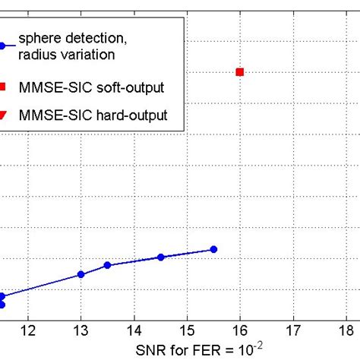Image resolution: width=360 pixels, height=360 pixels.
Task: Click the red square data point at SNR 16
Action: (240, 72)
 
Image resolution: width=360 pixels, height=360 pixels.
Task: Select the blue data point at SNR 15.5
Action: (213, 249)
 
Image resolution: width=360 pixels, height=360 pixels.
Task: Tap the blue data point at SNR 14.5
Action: (160, 257)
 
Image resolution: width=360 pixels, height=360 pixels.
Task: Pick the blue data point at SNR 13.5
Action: (107, 265)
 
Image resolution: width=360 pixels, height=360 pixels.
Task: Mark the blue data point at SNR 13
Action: (81, 274)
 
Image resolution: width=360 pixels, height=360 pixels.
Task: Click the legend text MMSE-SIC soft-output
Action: (100, 88)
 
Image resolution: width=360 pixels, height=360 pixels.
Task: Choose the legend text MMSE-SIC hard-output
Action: (102, 115)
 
